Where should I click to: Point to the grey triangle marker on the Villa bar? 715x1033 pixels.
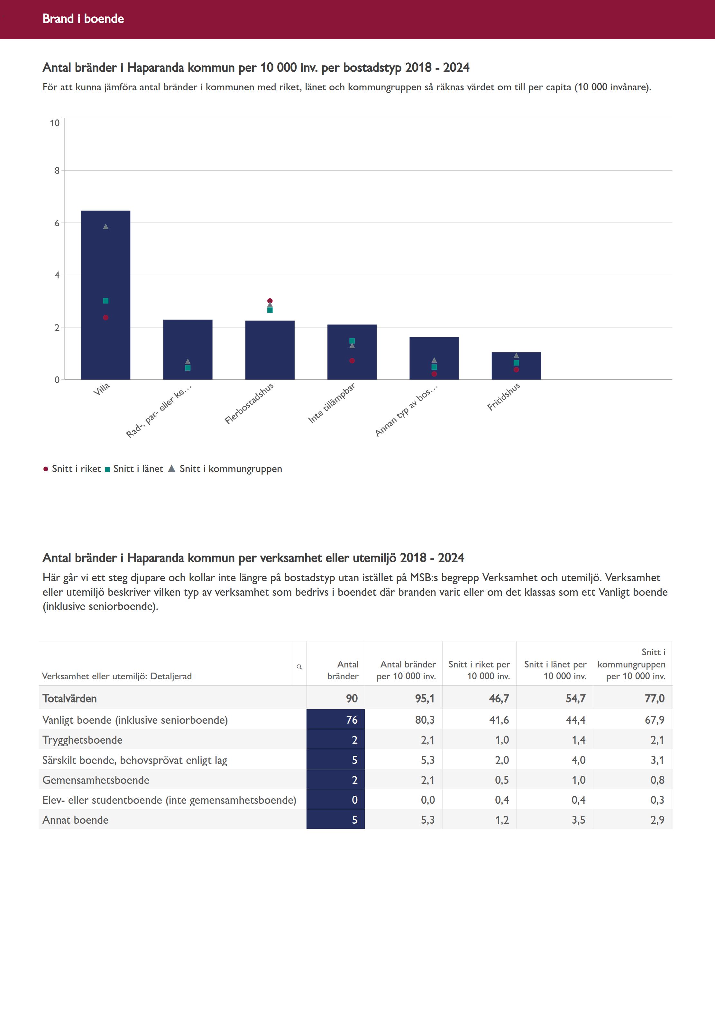click(106, 227)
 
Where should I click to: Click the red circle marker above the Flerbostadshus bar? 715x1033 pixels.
click(270, 301)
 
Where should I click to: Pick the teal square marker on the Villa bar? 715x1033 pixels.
click(106, 301)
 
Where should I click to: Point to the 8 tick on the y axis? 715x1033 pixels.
click(57, 171)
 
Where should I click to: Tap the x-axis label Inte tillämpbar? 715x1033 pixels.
click(332, 403)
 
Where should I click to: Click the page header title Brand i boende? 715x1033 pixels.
click(83, 19)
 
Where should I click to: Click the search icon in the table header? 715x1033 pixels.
click(299, 667)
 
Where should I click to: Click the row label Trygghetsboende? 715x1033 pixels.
click(82, 740)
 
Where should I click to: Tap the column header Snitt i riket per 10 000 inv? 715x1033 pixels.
click(479, 670)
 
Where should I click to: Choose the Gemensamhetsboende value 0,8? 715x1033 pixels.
click(657, 780)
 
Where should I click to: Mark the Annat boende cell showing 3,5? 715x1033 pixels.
click(578, 820)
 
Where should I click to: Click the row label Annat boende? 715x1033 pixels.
click(75, 820)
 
